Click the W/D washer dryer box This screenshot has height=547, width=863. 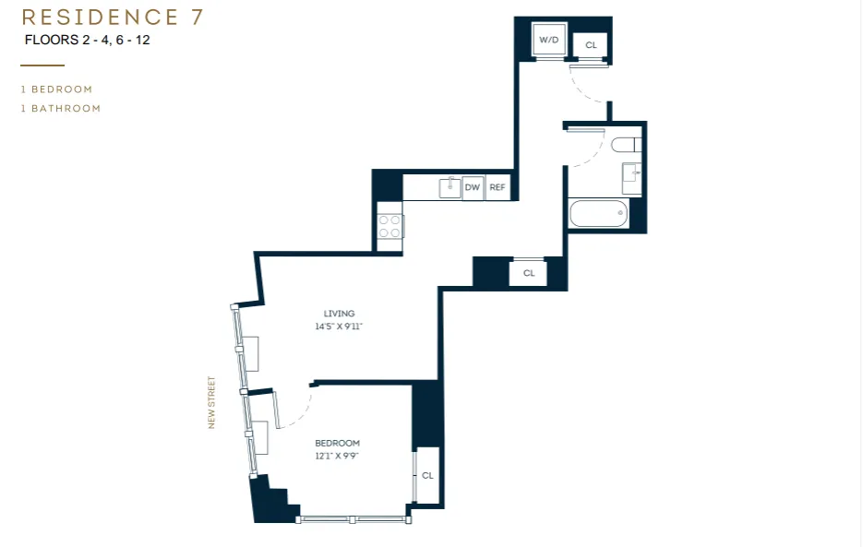(549, 41)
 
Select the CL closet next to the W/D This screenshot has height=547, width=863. (591, 44)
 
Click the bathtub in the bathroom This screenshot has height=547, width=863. (599, 215)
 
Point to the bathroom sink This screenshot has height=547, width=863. (632, 174)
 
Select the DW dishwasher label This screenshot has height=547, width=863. (473, 187)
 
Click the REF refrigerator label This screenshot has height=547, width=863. (497, 187)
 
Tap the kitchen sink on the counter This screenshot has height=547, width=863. (449, 186)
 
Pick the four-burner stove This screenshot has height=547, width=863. (390, 227)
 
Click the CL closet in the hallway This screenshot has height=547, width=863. (529, 273)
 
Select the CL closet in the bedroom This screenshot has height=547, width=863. (427, 475)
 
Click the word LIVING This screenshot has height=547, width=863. (339, 314)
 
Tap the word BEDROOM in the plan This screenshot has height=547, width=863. (337, 443)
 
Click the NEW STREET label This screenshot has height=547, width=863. (211, 402)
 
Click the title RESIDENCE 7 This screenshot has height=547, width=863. (113, 17)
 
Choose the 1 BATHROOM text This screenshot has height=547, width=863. (61, 108)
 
